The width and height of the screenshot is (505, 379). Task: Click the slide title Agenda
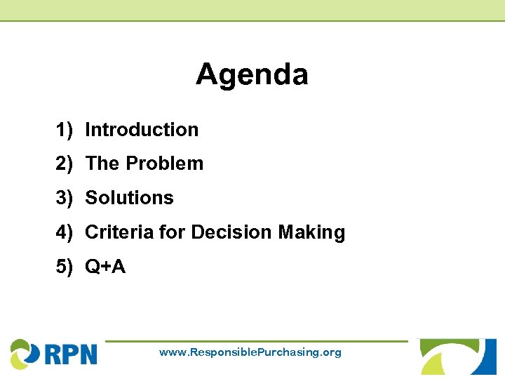tap(252, 74)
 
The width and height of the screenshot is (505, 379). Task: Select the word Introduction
tap(142, 130)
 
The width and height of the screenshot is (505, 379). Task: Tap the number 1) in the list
tap(65, 130)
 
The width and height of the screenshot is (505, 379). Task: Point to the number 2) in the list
tap(65, 164)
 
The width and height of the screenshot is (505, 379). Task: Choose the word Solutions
tap(129, 198)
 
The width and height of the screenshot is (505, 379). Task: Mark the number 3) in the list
tap(65, 198)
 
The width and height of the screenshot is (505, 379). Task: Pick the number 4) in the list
tap(65, 232)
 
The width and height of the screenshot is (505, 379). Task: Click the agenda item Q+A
tap(105, 267)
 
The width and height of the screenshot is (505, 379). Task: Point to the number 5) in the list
tap(65, 267)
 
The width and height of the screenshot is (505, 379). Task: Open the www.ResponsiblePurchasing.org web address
tap(250, 352)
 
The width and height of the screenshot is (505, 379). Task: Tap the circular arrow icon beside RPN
tap(25, 353)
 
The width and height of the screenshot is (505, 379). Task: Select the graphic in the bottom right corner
tap(458, 357)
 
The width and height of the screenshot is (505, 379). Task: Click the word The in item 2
tap(102, 164)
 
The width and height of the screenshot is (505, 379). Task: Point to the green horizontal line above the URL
tap(256, 342)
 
